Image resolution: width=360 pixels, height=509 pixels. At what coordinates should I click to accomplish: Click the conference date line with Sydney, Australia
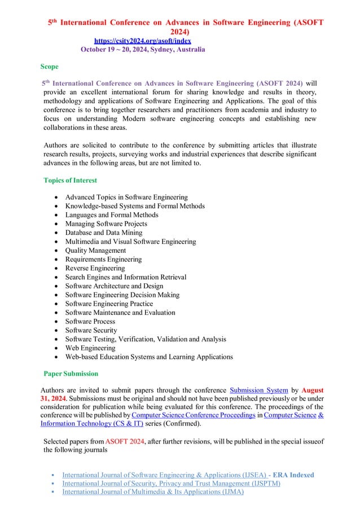[143, 50]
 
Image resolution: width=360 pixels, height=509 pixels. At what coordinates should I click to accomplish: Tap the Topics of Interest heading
[70, 181]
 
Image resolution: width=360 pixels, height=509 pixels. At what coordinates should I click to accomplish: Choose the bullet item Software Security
[91, 330]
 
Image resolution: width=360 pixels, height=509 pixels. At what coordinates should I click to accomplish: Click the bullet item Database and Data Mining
[104, 232]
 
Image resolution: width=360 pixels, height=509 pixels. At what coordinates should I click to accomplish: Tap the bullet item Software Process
[90, 321]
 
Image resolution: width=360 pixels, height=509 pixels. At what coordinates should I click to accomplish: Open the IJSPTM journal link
[171, 484]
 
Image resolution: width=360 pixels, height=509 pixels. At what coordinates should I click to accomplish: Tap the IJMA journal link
[152, 492]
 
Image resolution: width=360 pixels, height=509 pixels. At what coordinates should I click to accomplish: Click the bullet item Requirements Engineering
[103, 259]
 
